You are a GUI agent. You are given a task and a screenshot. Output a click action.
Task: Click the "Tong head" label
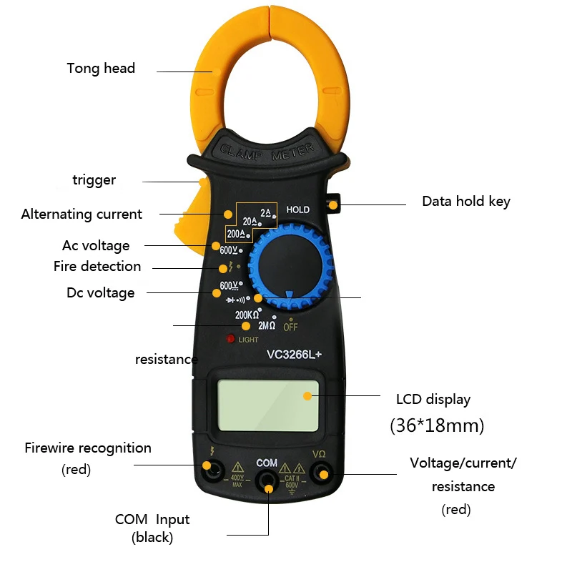pyautogui.click(x=101, y=69)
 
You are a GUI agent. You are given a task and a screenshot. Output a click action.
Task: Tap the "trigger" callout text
pyautogui.click(x=94, y=180)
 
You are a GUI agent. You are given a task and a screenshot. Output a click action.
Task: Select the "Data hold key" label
pyautogui.click(x=466, y=202)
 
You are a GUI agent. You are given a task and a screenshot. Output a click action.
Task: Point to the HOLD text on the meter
pyautogui.click(x=298, y=210)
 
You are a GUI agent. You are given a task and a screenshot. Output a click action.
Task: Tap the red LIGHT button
pyautogui.click(x=231, y=339)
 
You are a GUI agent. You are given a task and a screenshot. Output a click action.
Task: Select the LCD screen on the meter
pyautogui.click(x=268, y=403)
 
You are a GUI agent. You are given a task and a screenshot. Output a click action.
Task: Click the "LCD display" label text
pyautogui.click(x=433, y=399)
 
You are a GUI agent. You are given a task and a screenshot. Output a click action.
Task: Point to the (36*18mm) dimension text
pyautogui.click(x=437, y=426)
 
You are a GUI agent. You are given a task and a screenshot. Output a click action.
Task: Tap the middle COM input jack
pyautogui.click(x=267, y=479)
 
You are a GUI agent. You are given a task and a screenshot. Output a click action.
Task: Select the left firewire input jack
pyautogui.click(x=212, y=469)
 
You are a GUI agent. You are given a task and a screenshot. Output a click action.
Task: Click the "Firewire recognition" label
pyautogui.click(x=88, y=448)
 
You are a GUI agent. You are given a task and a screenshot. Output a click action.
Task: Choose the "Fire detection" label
pyautogui.click(x=97, y=267)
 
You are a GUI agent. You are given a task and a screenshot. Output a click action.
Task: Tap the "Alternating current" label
pyautogui.click(x=82, y=214)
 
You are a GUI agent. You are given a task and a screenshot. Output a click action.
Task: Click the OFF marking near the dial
pyautogui.click(x=290, y=327)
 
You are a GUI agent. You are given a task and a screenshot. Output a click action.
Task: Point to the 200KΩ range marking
pyautogui.click(x=247, y=315)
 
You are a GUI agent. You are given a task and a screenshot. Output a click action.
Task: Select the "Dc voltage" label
pyautogui.click(x=100, y=293)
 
